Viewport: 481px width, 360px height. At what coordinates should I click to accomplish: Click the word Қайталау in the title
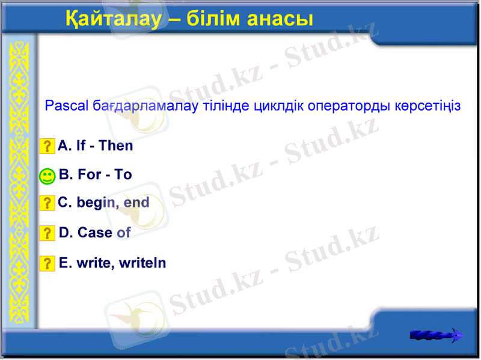[114, 19]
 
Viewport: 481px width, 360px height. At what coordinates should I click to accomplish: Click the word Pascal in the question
[66, 106]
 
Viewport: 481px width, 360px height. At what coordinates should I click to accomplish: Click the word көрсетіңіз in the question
[427, 106]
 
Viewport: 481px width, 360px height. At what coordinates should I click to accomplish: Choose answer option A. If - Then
[96, 145]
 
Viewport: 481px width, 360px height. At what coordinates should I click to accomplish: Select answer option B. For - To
[96, 175]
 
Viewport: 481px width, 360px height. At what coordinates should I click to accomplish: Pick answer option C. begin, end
[103, 203]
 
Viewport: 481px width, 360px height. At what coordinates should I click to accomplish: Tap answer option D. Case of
[94, 233]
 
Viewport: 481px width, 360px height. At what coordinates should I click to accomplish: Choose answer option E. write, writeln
[112, 263]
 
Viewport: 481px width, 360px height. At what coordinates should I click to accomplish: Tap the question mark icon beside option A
[47, 146]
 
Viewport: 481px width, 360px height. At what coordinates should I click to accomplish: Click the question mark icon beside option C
[47, 203]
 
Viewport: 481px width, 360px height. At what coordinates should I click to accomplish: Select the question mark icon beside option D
[47, 233]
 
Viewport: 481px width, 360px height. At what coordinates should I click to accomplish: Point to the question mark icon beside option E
[47, 263]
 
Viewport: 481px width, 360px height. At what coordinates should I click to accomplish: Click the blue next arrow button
[437, 335]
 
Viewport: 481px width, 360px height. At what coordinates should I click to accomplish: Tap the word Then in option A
[116, 145]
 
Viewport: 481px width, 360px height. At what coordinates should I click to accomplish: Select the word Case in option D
[95, 233]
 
